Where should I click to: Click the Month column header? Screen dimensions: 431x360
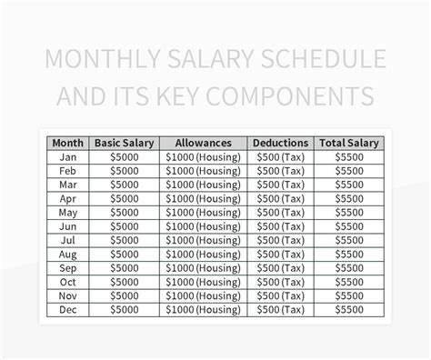[x=68, y=143]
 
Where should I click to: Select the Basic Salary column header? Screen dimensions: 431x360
[x=125, y=143]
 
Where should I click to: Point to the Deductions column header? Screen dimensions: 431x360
[x=279, y=143]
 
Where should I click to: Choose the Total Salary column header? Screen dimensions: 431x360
[x=348, y=143]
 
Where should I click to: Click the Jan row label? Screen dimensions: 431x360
[x=68, y=156]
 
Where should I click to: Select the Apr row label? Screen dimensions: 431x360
[x=68, y=198]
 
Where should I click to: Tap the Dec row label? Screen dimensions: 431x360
[x=68, y=309]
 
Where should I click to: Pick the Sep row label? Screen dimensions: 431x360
[x=68, y=267]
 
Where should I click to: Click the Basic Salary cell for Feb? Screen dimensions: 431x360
[x=125, y=170]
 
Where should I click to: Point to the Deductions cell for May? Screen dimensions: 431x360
[x=279, y=212]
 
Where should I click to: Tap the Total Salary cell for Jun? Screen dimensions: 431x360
[x=348, y=225]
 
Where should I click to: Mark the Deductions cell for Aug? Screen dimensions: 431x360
[x=279, y=254]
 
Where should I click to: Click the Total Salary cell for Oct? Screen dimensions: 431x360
[x=348, y=282]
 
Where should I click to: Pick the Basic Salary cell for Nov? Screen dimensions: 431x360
[x=125, y=295]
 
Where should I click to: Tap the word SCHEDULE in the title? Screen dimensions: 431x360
[x=322, y=61]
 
